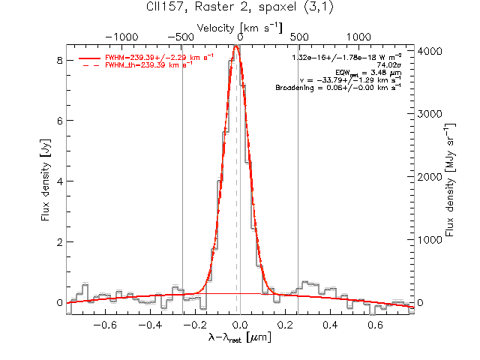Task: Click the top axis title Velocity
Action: [215, 28]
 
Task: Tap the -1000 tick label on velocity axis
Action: [121, 37]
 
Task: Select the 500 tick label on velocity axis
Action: [299, 37]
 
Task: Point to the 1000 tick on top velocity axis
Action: [358, 37]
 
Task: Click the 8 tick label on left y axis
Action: [59, 60]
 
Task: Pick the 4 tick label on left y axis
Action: [59, 181]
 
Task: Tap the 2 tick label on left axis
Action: [59, 241]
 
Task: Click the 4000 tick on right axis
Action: [430, 51]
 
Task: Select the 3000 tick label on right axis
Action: [430, 114]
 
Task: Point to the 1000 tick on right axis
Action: [430, 240]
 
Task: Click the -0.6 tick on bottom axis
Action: [105, 325]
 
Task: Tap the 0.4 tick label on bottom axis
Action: [330, 325]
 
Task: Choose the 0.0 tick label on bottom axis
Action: [240, 325]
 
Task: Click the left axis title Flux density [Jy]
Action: [46, 180]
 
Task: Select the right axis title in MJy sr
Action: [449, 180]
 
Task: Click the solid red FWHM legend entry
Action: [146, 58]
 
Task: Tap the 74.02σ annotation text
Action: [389, 65]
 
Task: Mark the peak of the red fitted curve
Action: [235, 46]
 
